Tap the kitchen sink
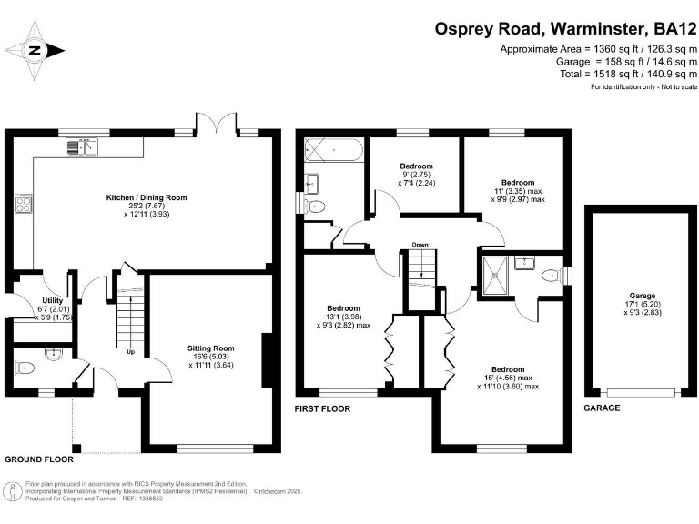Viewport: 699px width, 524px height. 82,147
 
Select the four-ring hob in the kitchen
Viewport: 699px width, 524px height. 24,204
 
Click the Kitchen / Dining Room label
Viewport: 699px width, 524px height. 147,197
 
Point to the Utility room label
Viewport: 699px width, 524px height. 53,300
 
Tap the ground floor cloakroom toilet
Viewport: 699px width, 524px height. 25,368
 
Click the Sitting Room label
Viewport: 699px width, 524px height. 211,348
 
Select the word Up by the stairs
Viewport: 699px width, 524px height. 131,352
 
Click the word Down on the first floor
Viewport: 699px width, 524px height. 420,245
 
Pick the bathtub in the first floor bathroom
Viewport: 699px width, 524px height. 333,150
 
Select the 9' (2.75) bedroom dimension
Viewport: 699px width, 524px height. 415,175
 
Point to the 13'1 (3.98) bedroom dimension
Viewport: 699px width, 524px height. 343,317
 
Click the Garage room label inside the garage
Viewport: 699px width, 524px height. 643,296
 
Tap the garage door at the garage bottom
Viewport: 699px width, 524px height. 641,393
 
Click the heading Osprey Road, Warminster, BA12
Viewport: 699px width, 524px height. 565,29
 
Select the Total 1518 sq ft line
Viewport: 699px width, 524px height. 628,74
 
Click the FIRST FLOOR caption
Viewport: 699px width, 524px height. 322,408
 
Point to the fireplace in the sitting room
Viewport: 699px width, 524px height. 267,360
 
